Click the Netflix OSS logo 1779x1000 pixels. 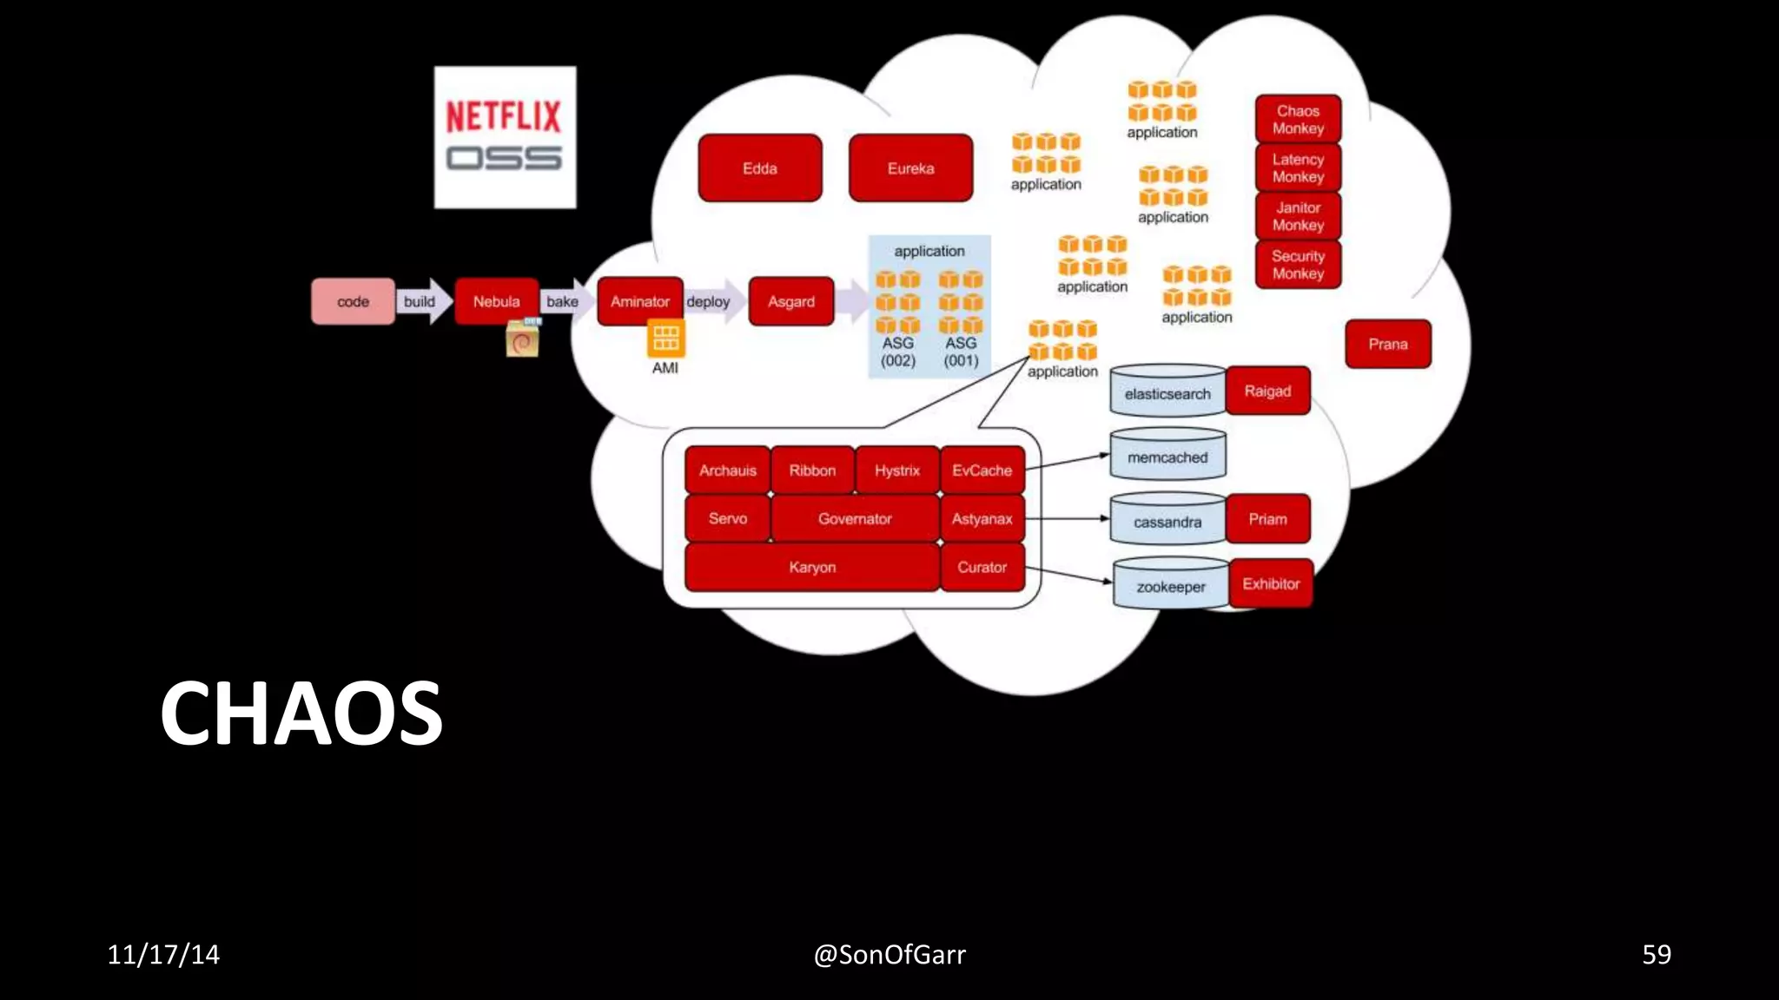[505, 137]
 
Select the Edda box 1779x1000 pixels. [759, 168]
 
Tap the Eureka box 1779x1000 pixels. [910, 168]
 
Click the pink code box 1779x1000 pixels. [353, 301]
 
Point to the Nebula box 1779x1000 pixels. [496, 301]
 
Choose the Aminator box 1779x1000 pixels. [639, 301]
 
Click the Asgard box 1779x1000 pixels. [790, 301]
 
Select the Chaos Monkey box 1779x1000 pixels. [1298, 119]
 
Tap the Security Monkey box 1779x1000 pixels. [1298, 265]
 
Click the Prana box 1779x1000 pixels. [1387, 344]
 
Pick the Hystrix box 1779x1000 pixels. [896, 470]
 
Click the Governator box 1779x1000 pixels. [855, 518]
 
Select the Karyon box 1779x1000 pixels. [812, 567]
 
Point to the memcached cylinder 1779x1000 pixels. [1167, 456]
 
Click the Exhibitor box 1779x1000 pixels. [1271, 583]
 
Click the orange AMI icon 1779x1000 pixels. [665, 338]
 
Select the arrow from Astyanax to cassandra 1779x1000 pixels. [1068, 518]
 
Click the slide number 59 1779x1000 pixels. [1656, 954]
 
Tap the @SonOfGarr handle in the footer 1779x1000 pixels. [889, 954]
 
